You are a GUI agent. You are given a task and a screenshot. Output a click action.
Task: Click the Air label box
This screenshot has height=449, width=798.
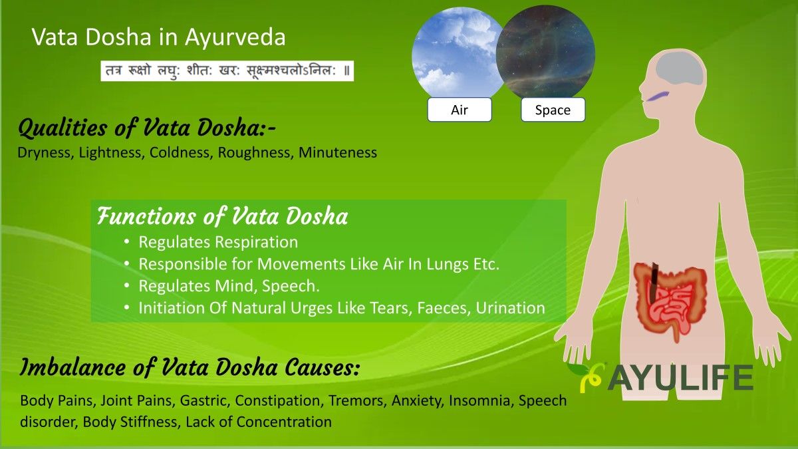[x=460, y=109]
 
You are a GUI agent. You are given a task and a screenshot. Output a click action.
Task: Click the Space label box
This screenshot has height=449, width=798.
[x=553, y=109]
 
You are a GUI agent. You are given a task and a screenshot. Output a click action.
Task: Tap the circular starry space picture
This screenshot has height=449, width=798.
[x=546, y=52]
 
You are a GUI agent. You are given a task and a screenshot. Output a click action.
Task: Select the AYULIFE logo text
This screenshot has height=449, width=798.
[x=680, y=378]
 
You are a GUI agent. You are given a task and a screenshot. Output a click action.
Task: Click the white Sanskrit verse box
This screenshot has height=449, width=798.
[x=227, y=71]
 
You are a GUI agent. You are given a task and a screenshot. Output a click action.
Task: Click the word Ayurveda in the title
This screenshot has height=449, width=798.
[x=235, y=37]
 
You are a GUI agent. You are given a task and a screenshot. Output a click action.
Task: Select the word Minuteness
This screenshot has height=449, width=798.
[x=338, y=152]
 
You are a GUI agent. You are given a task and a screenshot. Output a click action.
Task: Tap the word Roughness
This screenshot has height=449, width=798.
[x=255, y=152]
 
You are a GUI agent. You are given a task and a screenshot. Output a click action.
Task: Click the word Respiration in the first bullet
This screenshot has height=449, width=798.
[x=257, y=242]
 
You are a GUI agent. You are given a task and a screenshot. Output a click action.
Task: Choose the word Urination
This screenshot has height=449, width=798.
[x=510, y=307]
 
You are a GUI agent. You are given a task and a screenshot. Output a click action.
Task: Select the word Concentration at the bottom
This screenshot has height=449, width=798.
[x=284, y=422]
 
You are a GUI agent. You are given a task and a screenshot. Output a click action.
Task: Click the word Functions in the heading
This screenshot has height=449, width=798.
[x=146, y=216]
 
